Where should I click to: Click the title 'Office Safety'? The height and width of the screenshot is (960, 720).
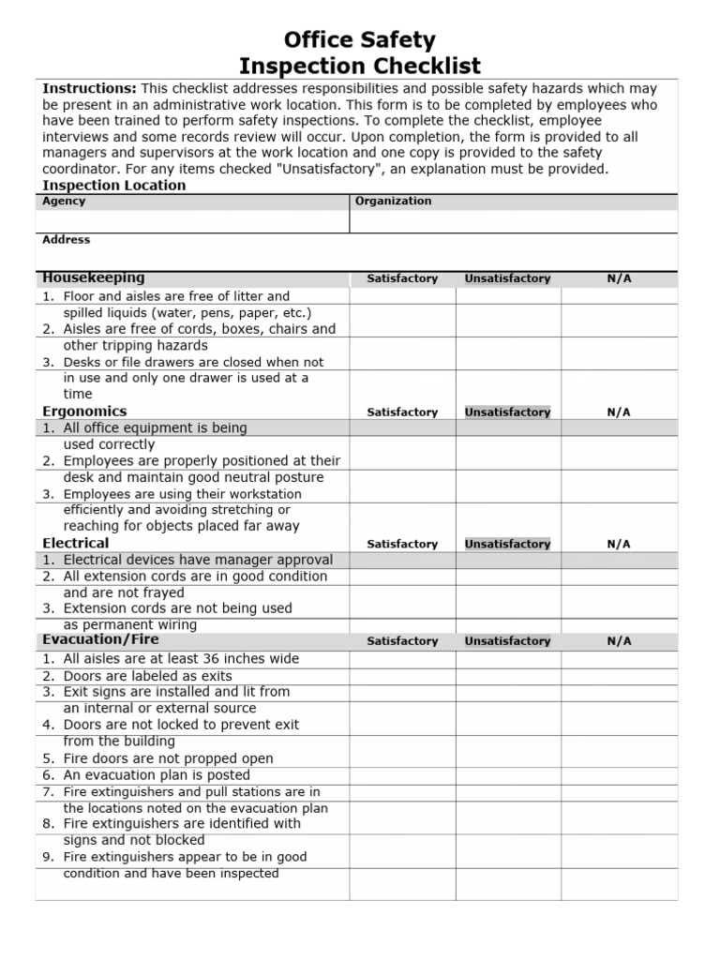click(360, 40)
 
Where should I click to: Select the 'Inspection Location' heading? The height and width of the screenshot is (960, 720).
click(114, 185)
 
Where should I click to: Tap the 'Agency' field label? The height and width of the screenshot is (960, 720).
click(64, 201)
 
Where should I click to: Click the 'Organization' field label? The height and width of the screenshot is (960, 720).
click(394, 201)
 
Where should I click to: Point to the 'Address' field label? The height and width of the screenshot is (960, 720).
click(67, 240)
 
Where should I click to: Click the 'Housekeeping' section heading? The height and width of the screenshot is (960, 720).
click(94, 277)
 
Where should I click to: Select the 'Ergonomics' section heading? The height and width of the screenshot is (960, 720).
click(84, 411)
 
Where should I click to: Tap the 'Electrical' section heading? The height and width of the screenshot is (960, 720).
click(76, 543)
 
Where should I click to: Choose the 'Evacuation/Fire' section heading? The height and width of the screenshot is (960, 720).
click(100, 640)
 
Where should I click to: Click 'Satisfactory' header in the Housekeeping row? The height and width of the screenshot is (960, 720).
click(402, 278)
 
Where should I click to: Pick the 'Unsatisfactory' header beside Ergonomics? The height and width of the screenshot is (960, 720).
click(507, 412)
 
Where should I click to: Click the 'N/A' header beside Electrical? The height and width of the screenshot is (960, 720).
click(619, 544)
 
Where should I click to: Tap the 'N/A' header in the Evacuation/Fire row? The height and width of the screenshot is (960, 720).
click(619, 641)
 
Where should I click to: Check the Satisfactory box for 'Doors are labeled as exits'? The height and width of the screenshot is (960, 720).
click(402, 676)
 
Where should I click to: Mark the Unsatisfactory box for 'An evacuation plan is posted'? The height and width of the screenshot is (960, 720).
click(508, 775)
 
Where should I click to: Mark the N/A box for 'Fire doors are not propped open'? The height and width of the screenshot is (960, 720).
click(619, 758)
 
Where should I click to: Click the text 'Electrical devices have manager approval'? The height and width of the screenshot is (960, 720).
click(198, 560)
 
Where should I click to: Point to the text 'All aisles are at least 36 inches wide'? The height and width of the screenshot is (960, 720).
click(181, 659)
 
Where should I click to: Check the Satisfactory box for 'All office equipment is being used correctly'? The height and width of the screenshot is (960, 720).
click(402, 436)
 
